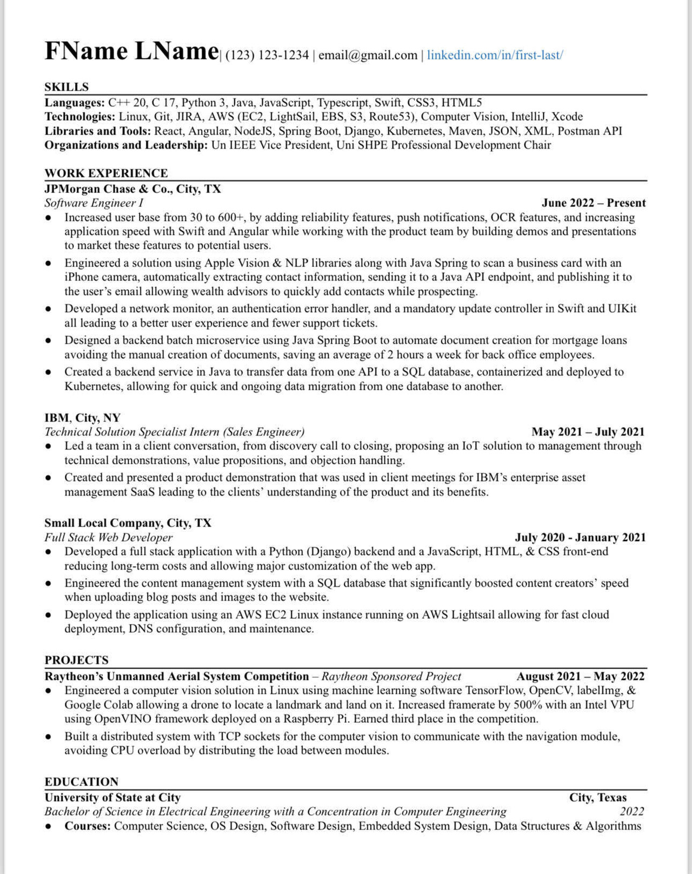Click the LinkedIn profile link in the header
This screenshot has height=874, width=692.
click(495, 55)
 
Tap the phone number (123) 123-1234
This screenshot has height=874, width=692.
click(267, 55)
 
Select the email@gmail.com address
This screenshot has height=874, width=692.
click(368, 55)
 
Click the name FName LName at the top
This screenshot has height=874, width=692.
click(131, 51)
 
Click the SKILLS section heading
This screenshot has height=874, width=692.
click(66, 87)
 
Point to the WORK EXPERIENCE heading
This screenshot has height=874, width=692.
click(106, 173)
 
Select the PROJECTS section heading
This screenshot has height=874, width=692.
click(76, 660)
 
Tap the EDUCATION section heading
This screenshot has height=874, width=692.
click(81, 782)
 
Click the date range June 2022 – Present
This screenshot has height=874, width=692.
click(593, 203)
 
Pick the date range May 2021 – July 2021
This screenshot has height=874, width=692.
click(588, 432)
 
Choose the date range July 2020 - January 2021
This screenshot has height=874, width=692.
click(580, 537)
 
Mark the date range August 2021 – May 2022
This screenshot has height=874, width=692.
click(580, 676)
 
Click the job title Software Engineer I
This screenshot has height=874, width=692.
click(94, 203)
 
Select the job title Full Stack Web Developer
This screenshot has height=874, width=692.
click(109, 537)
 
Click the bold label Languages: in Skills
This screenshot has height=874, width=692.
click(75, 103)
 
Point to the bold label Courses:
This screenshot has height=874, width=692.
click(88, 826)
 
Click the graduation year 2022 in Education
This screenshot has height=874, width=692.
click(631, 811)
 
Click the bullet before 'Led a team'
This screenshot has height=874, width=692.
click(49, 446)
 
